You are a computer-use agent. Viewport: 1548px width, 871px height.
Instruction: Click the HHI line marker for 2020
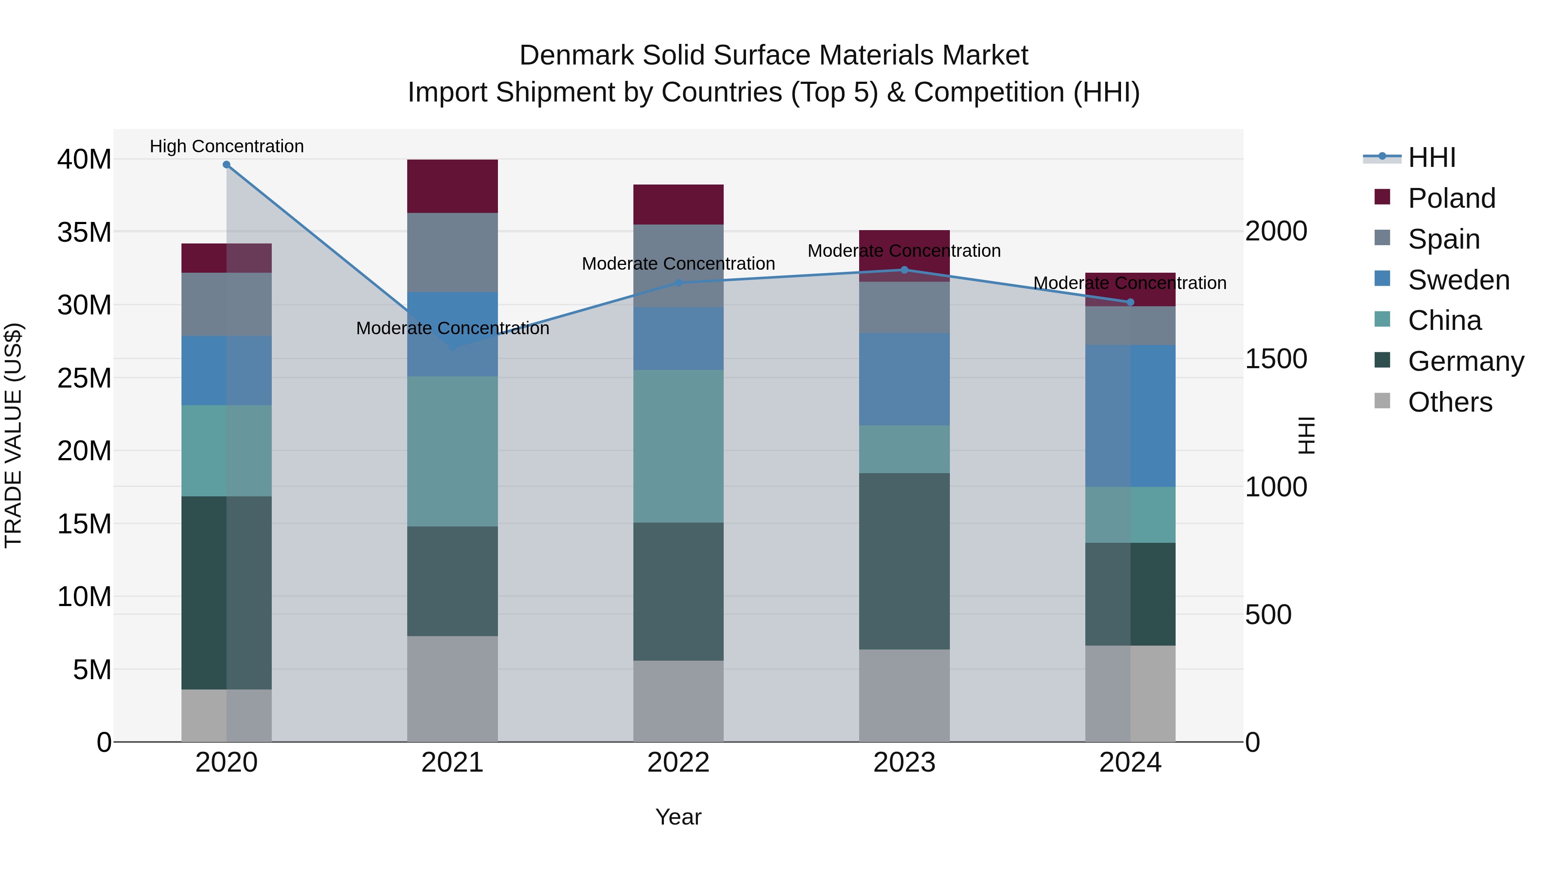pos(227,165)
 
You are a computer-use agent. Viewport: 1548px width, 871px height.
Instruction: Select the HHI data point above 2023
pos(904,270)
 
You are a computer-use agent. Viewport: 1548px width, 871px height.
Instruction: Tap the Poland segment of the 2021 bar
pos(452,186)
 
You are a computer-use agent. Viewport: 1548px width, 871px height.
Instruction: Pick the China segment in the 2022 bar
pos(679,446)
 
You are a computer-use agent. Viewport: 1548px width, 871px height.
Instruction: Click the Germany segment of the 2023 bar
pos(904,561)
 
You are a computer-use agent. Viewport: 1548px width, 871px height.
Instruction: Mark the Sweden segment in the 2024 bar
pos(1130,416)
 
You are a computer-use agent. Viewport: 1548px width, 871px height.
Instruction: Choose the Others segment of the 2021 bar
pos(452,689)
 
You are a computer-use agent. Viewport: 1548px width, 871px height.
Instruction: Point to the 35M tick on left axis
pos(84,232)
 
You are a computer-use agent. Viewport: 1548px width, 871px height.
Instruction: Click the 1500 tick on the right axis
pos(1276,359)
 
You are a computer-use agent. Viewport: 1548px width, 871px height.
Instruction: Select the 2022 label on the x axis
pos(679,763)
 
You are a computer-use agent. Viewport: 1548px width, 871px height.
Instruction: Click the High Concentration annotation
pos(227,146)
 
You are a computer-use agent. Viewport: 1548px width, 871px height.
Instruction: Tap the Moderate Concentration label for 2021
pos(452,328)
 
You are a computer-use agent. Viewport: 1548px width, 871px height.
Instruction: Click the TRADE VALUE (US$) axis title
pos(13,436)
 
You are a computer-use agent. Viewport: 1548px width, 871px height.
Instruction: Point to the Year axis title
pos(679,817)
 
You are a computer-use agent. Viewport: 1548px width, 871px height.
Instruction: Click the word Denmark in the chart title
pos(576,55)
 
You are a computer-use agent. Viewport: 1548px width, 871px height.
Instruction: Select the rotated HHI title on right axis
pos(1306,436)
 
